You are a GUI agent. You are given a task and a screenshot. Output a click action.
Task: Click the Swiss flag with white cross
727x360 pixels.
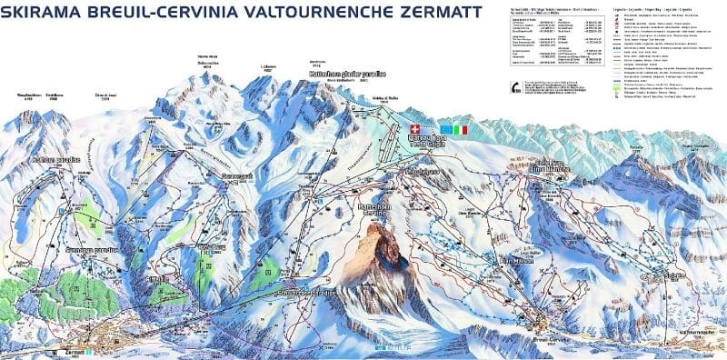[x=417, y=130]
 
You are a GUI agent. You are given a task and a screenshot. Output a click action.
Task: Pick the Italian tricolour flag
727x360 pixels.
[x=461, y=130]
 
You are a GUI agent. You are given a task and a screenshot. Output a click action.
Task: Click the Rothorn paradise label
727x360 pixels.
[x=55, y=160]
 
